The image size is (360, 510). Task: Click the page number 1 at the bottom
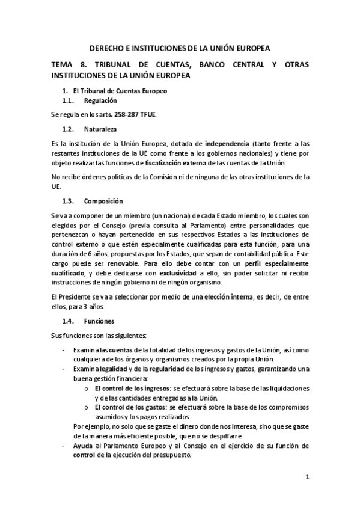307,478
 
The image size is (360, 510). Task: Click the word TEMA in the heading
64,65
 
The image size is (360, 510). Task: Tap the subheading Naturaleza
100,129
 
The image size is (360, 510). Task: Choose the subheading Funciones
99,321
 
